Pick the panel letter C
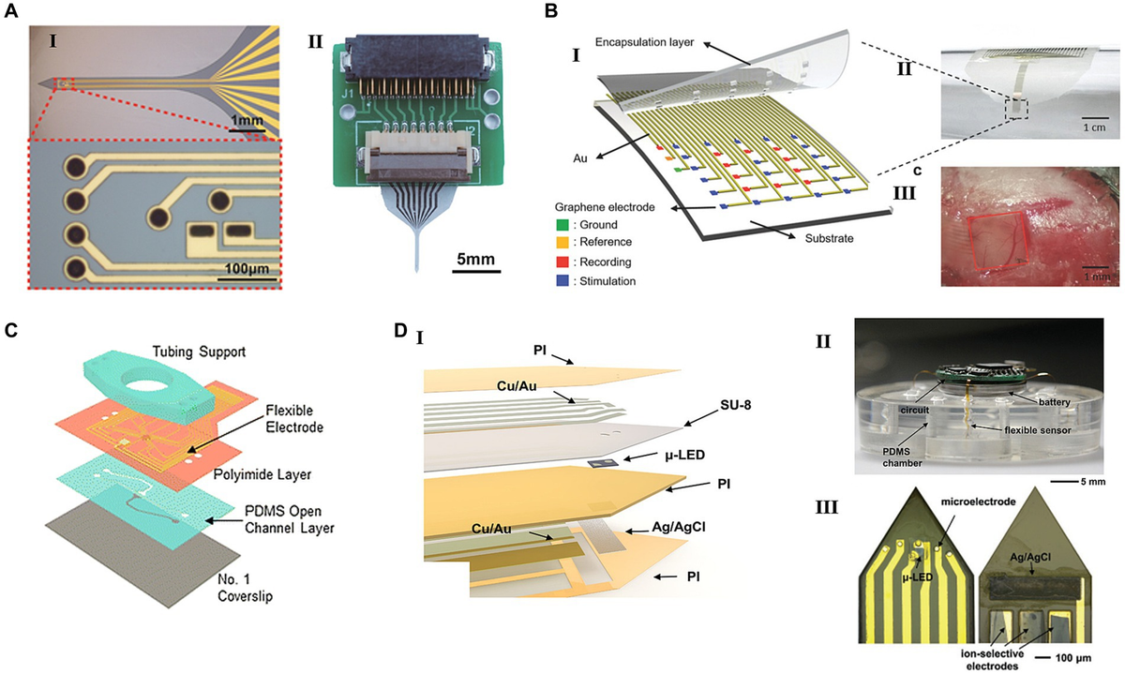[11, 329]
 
